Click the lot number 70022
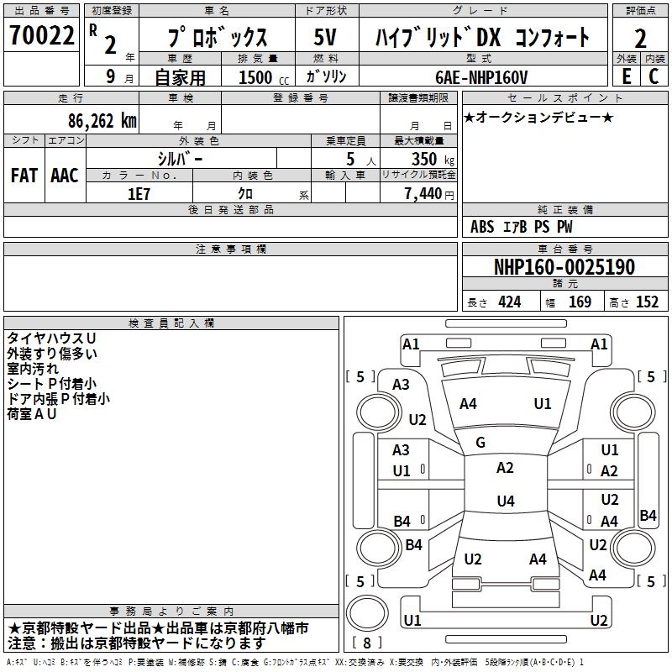coord(41,37)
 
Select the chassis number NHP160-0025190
coord(564,267)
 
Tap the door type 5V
coord(325,38)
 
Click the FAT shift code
coord(24,176)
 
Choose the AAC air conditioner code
coord(65,176)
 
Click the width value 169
coord(580,302)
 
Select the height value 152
coord(647,302)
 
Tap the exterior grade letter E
coord(626,76)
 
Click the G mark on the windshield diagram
coord(480,443)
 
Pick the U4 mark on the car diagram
coord(505,501)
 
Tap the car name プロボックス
coord(217,38)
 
